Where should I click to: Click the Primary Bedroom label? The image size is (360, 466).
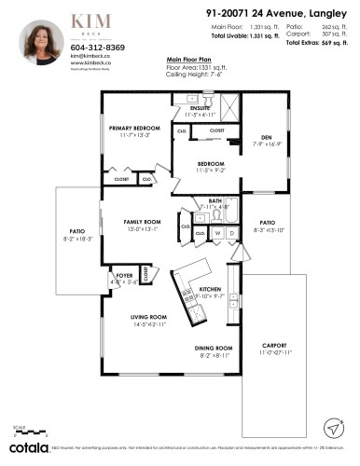coord(134,127)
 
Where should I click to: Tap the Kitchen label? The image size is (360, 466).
coord(212,290)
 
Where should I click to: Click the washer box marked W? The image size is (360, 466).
coord(218,232)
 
